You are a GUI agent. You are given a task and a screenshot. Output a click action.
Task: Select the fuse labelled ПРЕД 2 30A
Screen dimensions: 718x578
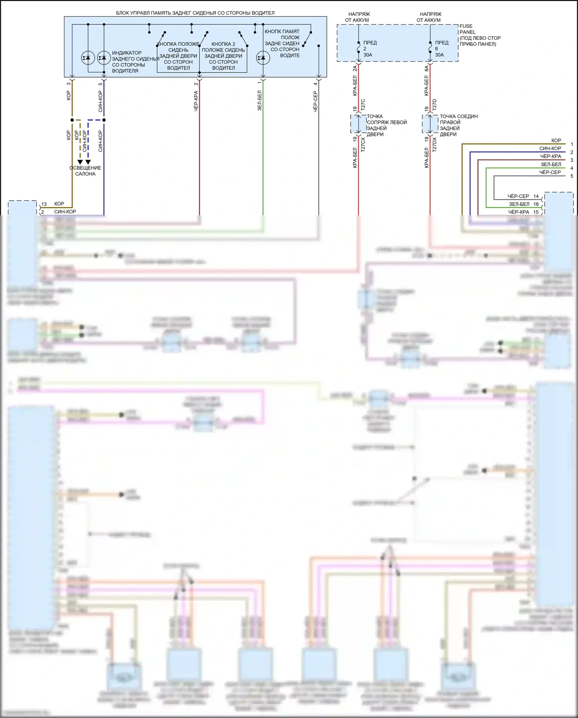click(359, 46)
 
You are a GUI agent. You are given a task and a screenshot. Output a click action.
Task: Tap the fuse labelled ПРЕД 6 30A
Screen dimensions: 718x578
click(430, 46)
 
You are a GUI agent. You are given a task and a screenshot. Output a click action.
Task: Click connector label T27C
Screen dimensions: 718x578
click(363, 105)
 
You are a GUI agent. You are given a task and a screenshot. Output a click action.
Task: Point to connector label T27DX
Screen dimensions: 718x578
click(435, 144)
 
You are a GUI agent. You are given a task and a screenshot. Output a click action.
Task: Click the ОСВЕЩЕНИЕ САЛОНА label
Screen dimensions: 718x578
click(85, 171)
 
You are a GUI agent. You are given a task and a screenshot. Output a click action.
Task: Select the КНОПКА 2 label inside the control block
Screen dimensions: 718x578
click(223, 44)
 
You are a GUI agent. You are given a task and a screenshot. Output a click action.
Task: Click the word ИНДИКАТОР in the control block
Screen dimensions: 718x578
click(127, 53)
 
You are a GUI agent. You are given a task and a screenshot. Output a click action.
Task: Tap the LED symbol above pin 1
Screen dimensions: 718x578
click(263, 58)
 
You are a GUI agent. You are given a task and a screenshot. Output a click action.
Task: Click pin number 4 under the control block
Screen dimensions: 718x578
click(315, 84)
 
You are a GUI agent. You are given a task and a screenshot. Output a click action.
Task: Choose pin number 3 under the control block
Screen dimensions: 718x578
click(69, 84)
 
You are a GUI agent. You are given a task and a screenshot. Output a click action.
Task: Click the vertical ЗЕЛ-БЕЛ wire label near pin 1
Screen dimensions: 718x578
click(259, 101)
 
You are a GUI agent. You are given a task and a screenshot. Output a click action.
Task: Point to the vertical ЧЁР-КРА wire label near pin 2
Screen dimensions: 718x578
click(196, 101)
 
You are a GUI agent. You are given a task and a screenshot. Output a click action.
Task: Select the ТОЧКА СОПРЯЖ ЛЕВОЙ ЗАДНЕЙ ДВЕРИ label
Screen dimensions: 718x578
click(386, 125)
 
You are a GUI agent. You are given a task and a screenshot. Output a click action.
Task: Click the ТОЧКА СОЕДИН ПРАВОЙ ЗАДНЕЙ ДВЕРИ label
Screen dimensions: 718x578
click(459, 125)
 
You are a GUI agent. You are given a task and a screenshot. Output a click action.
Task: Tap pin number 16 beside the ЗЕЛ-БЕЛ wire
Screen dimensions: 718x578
click(536, 204)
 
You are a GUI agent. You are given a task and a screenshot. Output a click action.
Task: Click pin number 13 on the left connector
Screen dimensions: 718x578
click(44, 204)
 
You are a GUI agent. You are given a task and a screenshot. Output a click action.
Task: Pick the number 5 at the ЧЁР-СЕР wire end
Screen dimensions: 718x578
click(572, 176)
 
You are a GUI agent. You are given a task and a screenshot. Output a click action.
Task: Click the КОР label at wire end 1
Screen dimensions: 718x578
click(556, 140)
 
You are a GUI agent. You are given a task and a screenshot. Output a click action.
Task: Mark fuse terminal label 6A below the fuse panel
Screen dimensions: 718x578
click(427, 68)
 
